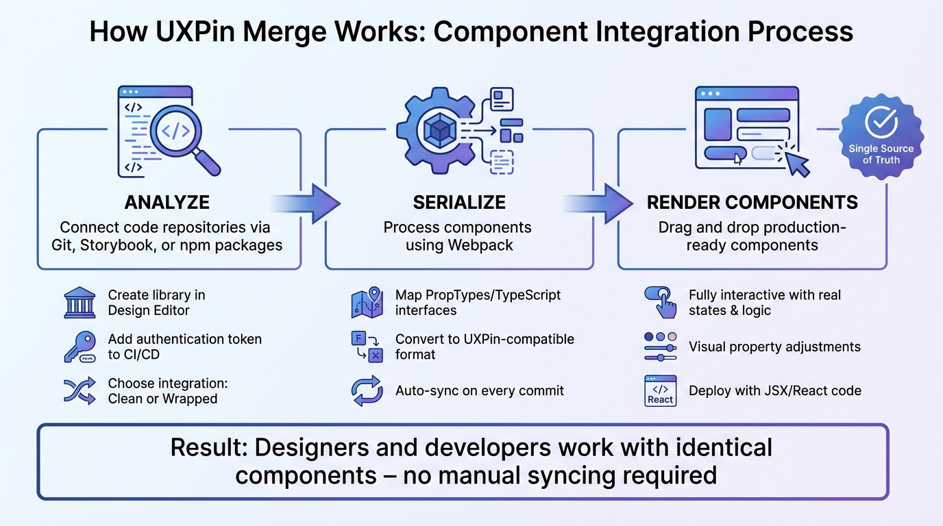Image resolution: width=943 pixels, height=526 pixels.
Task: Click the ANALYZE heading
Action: [167, 203]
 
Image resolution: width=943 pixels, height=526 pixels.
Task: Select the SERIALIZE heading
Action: [459, 203]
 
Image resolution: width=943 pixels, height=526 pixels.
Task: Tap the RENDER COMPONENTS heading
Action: [752, 203]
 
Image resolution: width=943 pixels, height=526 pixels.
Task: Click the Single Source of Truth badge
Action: [881, 137]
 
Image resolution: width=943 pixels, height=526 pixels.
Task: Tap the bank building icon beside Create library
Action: [79, 303]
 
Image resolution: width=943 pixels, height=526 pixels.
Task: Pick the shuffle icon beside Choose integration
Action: [79, 390]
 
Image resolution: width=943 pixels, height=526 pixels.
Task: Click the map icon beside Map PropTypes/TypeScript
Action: [367, 303]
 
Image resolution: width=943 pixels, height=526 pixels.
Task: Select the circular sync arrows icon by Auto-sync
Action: [367, 391]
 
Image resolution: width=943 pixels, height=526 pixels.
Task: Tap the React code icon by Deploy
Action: [660, 391]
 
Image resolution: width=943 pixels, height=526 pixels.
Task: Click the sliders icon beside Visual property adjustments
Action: [660, 347]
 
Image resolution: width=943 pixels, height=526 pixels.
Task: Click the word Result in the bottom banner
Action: [209, 448]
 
